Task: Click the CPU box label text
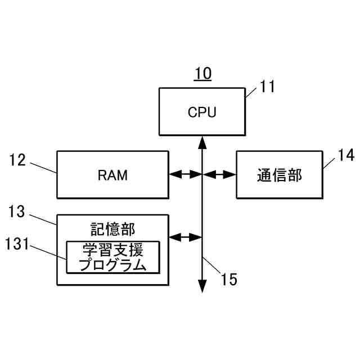tap(202, 112)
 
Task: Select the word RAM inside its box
tap(112, 175)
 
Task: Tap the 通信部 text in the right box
tap(280, 175)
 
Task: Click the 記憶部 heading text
tap(112, 229)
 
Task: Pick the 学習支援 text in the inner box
tap(112, 249)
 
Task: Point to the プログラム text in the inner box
tap(112, 264)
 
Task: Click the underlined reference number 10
tap(203, 74)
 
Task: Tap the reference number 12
tap(17, 160)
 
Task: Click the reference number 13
tap(17, 211)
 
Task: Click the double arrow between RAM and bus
tap(185, 175)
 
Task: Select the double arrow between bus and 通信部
tap(219, 175)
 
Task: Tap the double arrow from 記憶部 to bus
tap(185, 237)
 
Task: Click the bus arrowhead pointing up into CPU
tap(202, 141)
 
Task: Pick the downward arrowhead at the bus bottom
tap(202, 287)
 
